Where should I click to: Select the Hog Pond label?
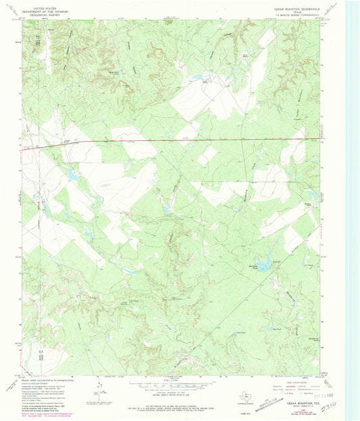tap(276, 330)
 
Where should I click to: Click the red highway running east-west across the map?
tap(169, 141)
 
